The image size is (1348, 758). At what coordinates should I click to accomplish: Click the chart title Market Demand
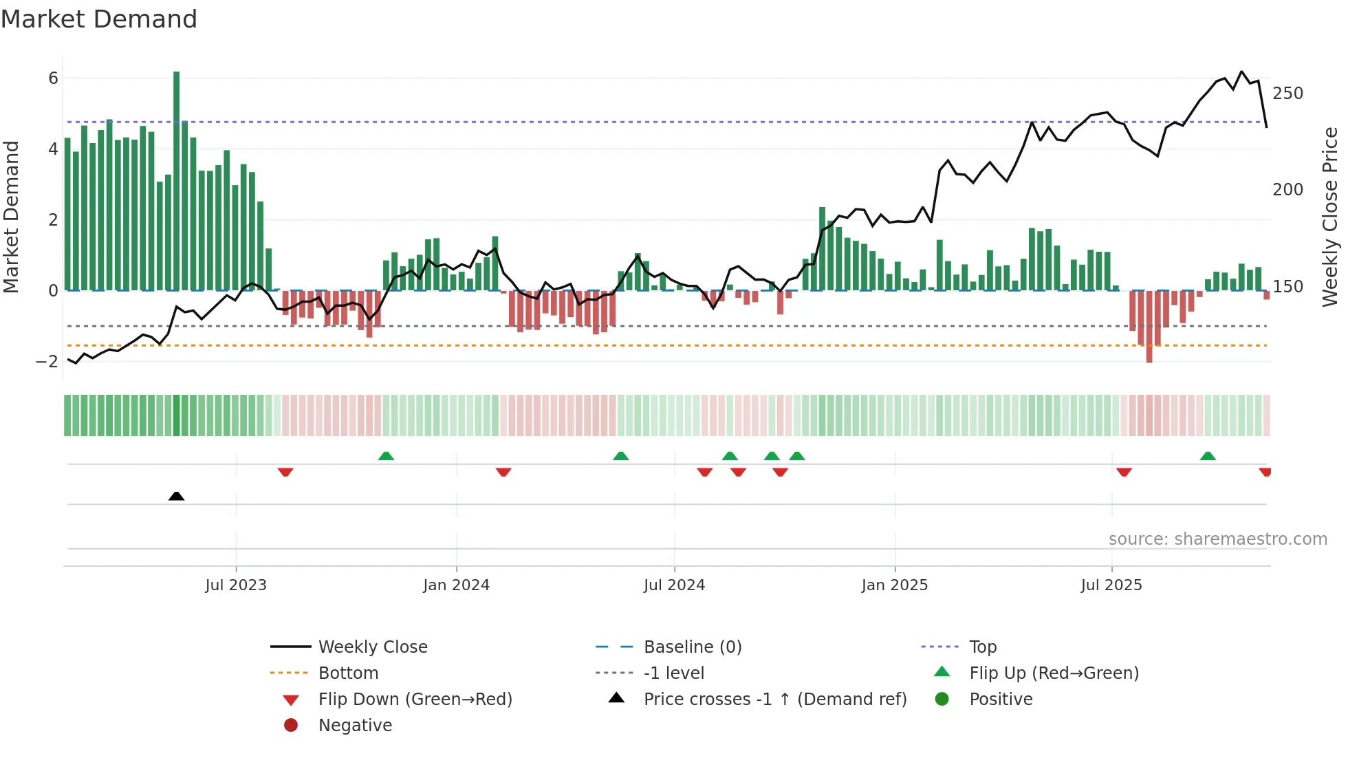coord(99,19)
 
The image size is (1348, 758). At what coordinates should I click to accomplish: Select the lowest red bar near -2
coord(1149,327)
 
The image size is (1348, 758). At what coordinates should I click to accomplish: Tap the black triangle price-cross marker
coord(176,496)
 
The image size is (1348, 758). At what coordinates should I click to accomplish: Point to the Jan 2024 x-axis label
coord(456,585)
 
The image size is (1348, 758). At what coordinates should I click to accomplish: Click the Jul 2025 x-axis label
coord(1111,585)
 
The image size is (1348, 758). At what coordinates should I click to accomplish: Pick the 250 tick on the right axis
coord(1287,94)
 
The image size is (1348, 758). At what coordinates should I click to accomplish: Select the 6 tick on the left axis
coord(53,78)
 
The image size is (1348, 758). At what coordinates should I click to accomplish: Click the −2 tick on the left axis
coord(47,362)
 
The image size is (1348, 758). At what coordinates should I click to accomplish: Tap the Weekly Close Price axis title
coord(1330,217)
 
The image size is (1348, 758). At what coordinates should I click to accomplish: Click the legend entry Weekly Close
coord(372,647)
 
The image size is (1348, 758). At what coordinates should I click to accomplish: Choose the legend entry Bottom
coord(348,673)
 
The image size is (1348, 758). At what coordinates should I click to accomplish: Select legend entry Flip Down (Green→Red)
coord(415,700)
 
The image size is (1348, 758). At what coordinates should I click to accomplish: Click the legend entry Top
coord(983,647)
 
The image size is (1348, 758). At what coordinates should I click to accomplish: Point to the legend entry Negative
coord(355,726)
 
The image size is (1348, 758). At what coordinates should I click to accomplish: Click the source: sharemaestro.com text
coord(1217,539)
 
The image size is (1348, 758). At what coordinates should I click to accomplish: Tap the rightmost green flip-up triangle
coord(1208,456)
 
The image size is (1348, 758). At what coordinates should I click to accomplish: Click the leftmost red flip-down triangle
coord(285,472)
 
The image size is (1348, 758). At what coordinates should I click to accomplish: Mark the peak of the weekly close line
coord(1241,72)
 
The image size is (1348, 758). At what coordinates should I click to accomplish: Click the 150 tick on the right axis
coord(1287,287)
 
